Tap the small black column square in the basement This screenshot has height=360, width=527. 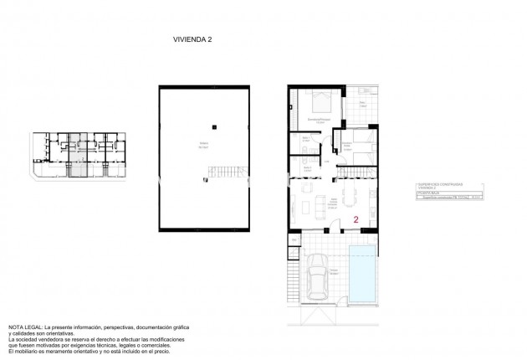click(215, 126)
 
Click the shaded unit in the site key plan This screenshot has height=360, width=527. click(76, 156)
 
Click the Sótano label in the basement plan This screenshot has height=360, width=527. click(203, 144)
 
